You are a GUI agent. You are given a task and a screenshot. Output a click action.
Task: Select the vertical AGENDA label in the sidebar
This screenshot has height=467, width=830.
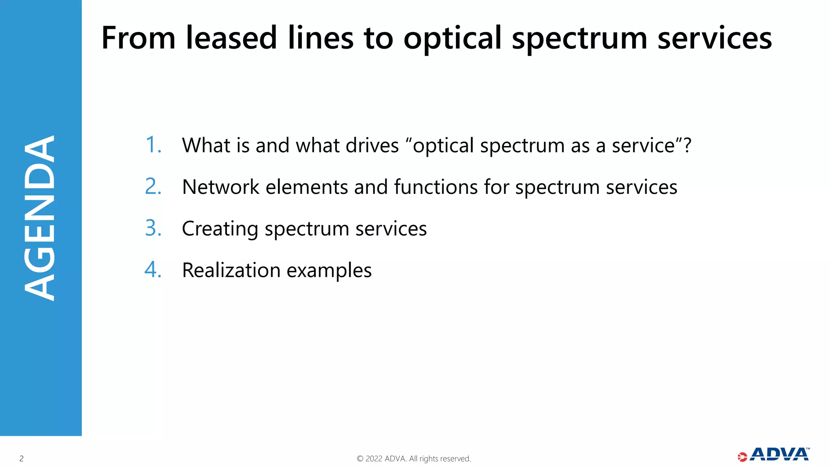point(40,218)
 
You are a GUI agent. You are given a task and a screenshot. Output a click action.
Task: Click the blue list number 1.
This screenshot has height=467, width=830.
point(153,145)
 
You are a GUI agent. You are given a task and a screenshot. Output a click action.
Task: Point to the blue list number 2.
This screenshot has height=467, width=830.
point(153,186)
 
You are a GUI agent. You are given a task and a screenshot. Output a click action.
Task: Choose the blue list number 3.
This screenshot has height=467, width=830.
point(153,228)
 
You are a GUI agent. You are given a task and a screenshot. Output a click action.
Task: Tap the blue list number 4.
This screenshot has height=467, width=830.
point(153,270)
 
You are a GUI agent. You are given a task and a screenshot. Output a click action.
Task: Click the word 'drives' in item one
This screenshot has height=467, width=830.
point(372,145)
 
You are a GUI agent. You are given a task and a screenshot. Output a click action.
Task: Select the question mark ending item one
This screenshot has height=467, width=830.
point(687,145)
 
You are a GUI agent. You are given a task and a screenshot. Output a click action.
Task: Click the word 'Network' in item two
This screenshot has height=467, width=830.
point(220,187)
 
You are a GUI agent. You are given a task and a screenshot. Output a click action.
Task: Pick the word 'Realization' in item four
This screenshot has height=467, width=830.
point(231,270)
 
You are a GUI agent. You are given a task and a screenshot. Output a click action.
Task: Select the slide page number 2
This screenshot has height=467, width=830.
point(21,458)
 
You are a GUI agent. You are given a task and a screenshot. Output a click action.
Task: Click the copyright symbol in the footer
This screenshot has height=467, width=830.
point(360,458)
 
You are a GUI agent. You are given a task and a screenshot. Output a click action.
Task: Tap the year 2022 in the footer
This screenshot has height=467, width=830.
point(374,458)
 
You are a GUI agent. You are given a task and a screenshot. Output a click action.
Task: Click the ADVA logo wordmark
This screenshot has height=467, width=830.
point(779,454)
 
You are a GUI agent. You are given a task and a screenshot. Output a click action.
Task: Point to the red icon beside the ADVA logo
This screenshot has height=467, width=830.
point(742,457)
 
